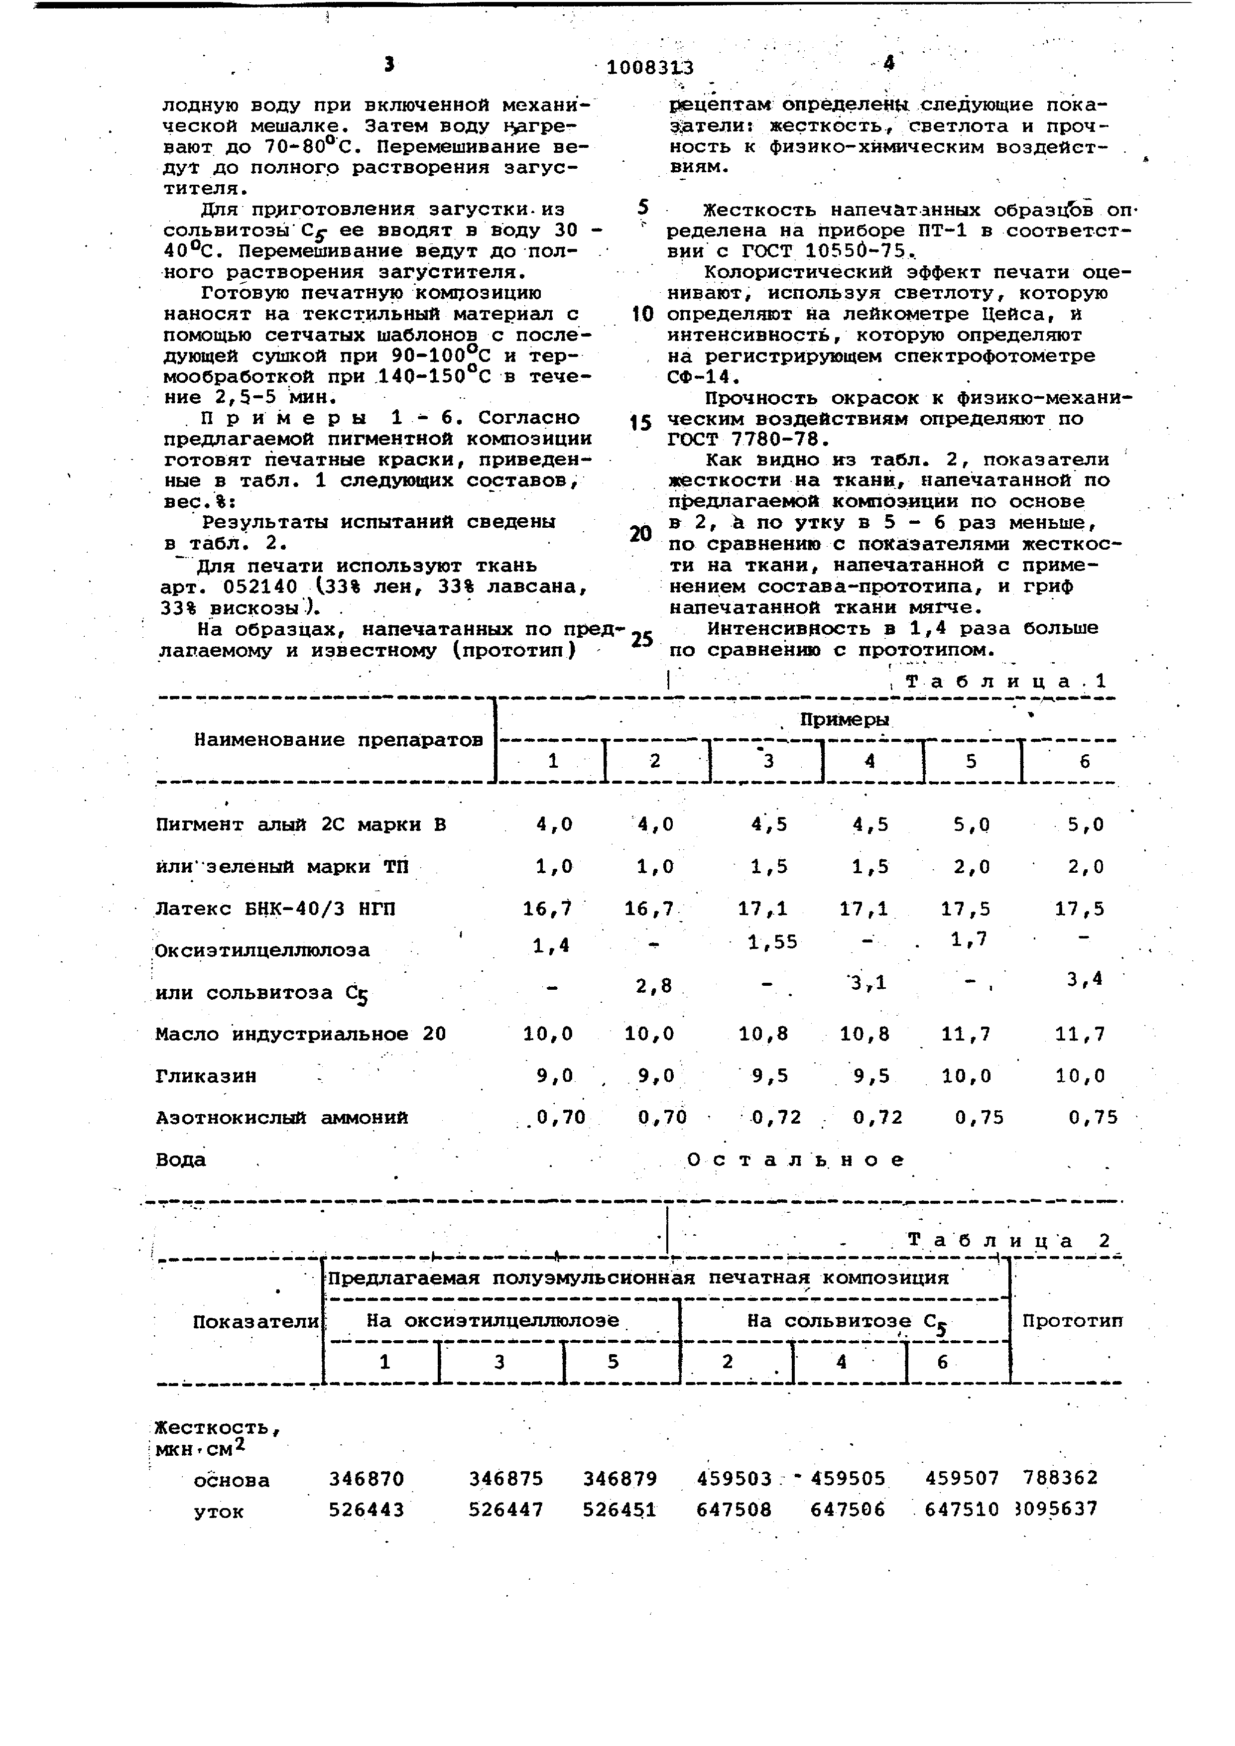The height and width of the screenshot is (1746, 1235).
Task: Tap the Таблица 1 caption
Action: point(1006,682)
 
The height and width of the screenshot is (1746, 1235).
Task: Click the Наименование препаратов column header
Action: point(339,740)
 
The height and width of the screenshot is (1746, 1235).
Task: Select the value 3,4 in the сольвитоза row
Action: point(1085,979)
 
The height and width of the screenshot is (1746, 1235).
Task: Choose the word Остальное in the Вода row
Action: point(795,1160)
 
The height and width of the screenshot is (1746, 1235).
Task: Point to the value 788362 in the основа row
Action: point(1061,1478)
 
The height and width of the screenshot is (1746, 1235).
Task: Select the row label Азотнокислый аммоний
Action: point(281,1118)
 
